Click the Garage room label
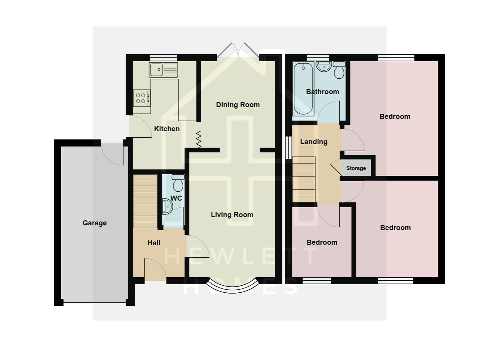pos(95,223)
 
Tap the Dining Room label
pos(238,105)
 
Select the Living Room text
pos(232,215)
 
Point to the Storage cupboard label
pos(356,168)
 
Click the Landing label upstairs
pos(313,142)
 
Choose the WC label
pos(176,198)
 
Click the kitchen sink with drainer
pos(163,70)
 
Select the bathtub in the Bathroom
pos(303,89)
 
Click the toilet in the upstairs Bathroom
pos(339,70)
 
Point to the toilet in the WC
pos(178,183)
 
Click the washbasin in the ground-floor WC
pos(167,207)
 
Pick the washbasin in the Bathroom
pos(323,67)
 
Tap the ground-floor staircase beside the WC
pos(145,201)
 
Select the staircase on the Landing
pos(304,179)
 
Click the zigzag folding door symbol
pos(199,139)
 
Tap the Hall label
pos(154,243)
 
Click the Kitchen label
pos(167,129)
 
